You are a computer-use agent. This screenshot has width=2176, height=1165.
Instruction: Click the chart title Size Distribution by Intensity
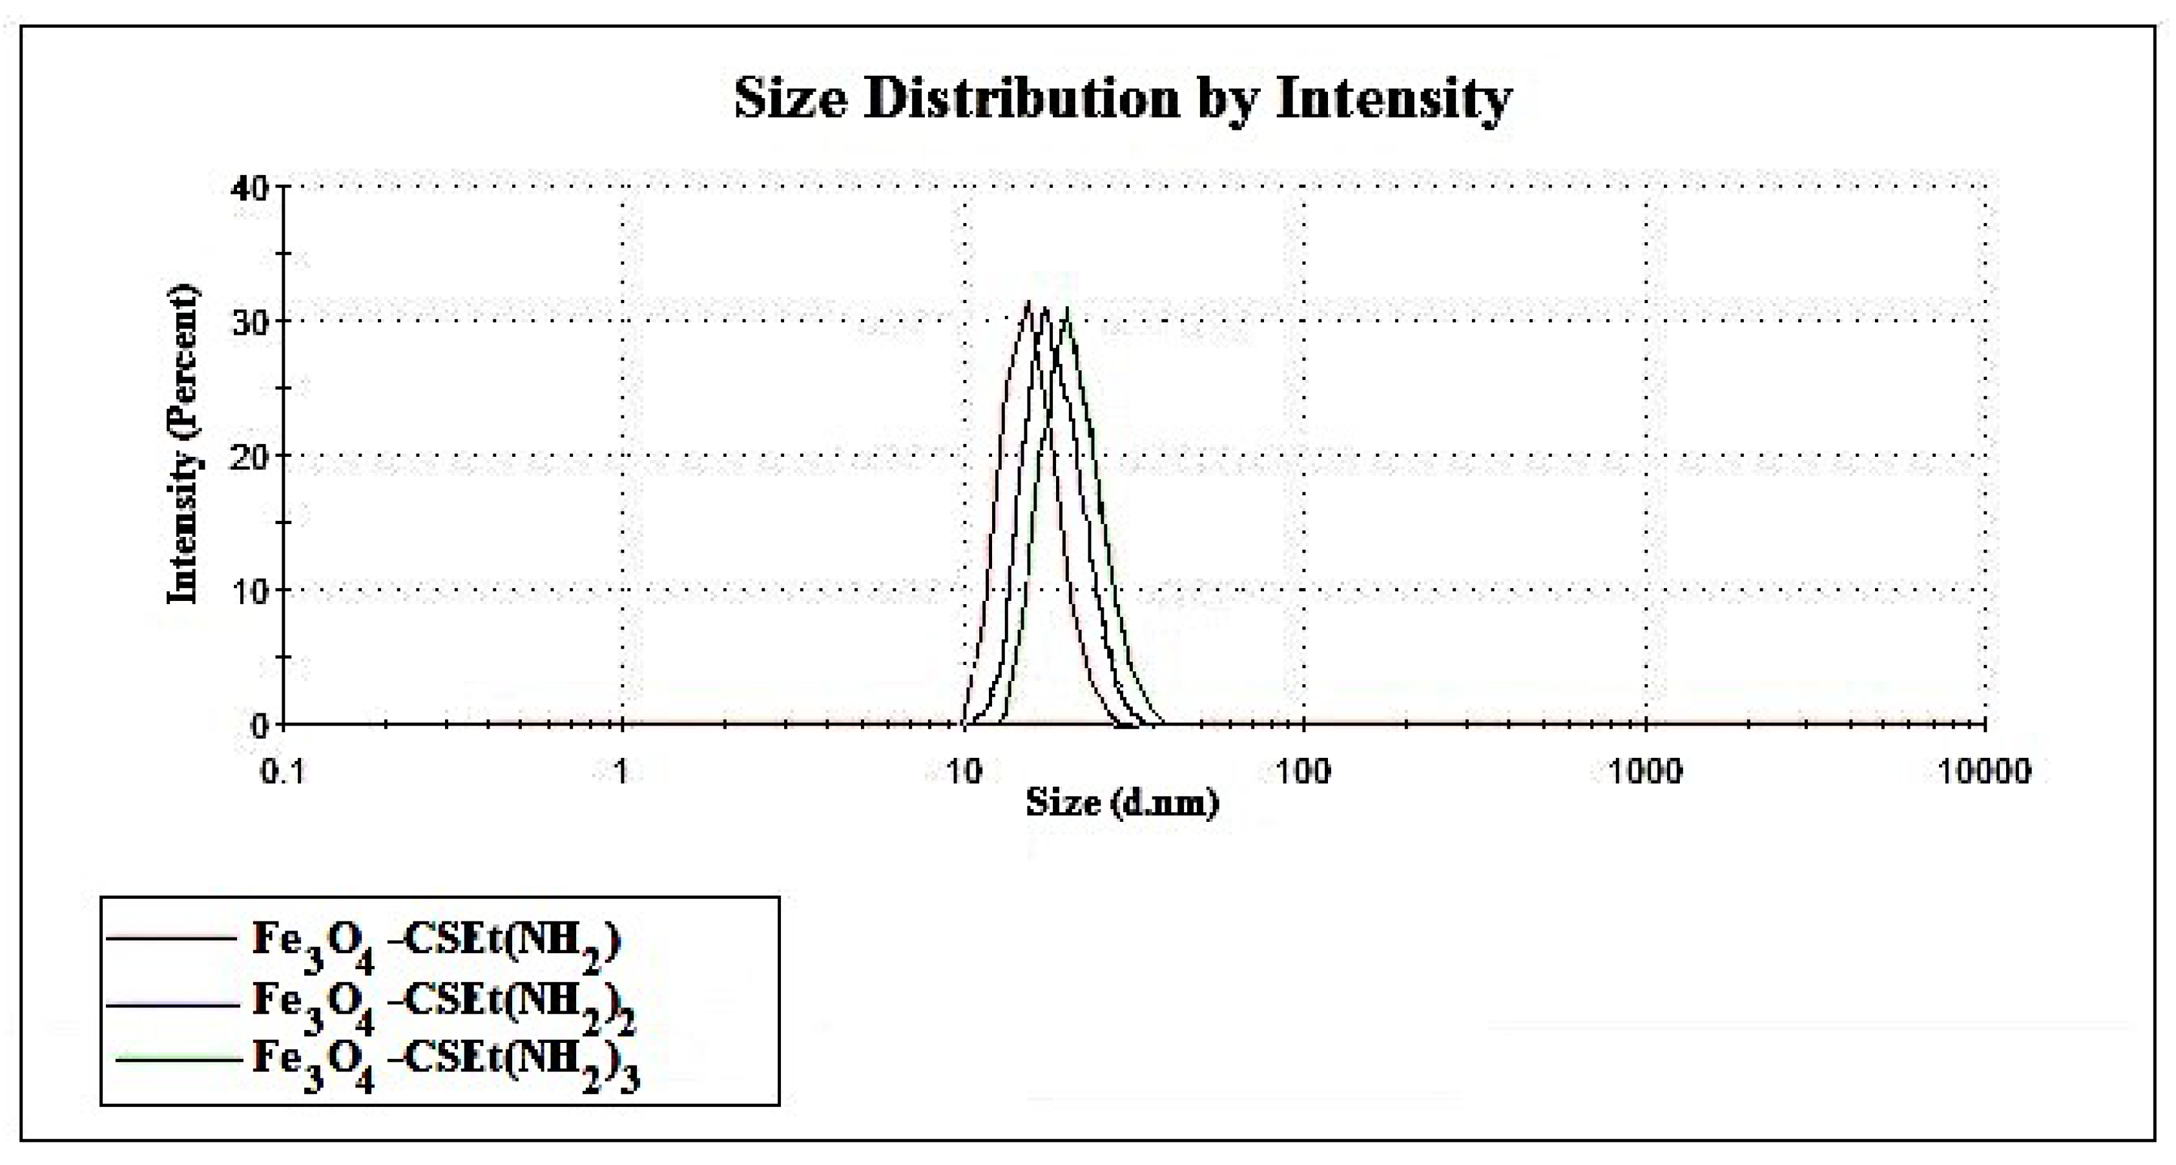point(1122,99)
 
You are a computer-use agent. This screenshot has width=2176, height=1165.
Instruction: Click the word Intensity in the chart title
point(1393,99)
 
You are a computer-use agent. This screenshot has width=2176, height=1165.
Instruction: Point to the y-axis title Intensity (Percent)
point(183,445)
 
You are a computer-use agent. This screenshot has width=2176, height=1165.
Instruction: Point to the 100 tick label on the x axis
point(1303,772)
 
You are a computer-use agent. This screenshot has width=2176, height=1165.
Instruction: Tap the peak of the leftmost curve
point(1028,302)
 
